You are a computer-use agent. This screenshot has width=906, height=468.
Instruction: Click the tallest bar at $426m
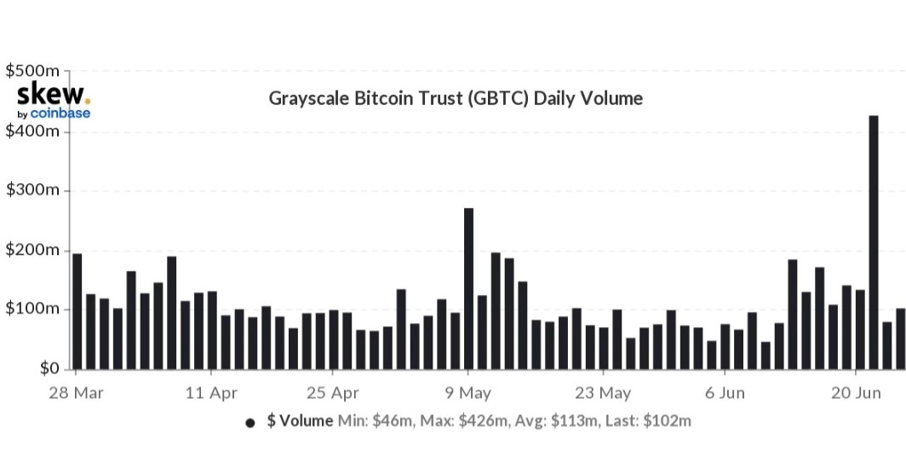point(873,242)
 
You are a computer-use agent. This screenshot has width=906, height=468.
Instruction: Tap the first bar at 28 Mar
point(77,311)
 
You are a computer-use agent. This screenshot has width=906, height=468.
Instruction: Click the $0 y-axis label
point(48,369)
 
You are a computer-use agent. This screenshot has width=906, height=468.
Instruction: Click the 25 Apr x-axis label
point(332,394)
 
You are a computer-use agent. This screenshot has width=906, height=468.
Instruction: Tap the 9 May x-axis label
point(467,394)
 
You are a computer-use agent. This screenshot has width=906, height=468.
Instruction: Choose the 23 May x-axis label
point(602,394)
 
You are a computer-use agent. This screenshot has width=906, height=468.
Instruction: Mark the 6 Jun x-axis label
point(724,394)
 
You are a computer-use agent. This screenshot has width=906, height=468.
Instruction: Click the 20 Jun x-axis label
point(856,394)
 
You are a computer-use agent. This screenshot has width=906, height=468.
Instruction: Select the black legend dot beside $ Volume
point(250,422)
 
